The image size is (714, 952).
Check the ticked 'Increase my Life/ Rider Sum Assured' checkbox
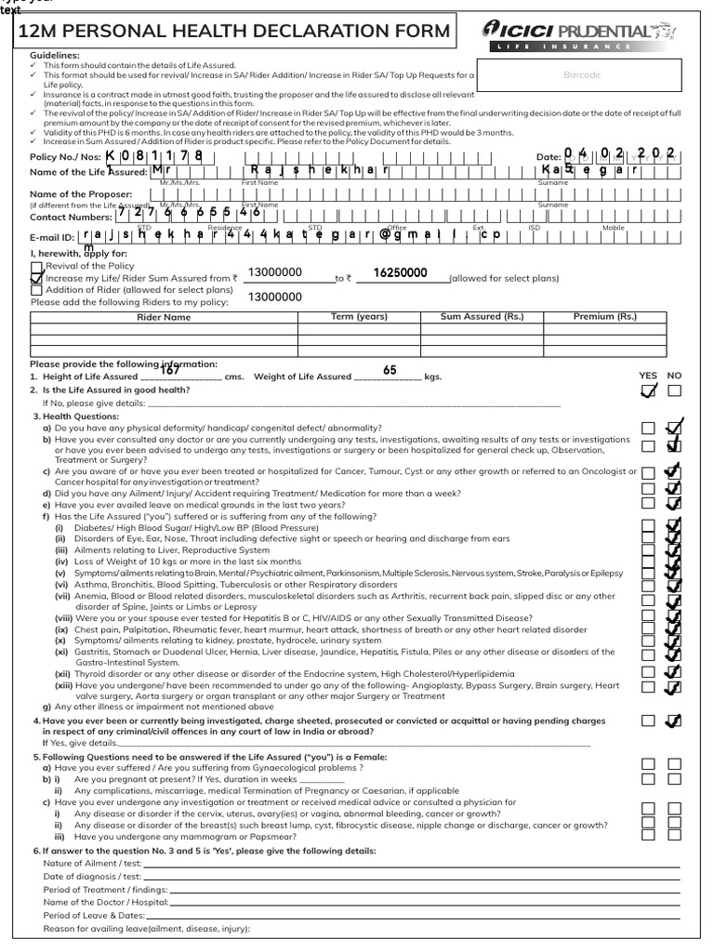tap(36, 278)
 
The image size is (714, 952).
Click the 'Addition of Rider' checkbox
tap(36, 290)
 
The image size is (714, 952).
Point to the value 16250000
tap(400, 273)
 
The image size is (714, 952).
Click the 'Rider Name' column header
tap(164, 317)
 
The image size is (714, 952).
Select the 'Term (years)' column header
tap(359, 317)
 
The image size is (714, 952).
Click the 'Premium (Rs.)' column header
tap(605, 317)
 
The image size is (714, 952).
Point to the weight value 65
tap(390, 370)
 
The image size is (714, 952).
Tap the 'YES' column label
tap(648, 376)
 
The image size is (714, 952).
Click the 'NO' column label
tap(674, 376)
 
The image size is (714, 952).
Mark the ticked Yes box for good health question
tap(648, 391)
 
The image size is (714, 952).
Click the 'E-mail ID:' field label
tap(51, 237)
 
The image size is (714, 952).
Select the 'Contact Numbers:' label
tap(70, 216)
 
